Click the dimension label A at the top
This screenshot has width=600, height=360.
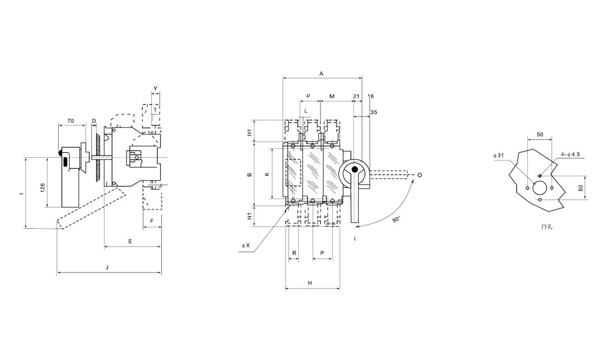(322, 73)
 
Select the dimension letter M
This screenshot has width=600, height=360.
(332, 96)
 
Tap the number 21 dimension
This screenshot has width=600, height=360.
(356, 96)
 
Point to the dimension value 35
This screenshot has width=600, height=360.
(374, 112)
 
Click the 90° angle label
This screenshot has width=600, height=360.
(396, 220)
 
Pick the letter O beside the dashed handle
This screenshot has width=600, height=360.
(419, 175)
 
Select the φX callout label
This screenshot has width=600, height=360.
(245, 245)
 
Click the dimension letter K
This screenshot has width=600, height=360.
(267, 173)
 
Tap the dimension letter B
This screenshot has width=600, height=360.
(250, 176)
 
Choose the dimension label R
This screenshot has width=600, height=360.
(294, 253)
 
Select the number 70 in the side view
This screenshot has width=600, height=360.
(71, 121)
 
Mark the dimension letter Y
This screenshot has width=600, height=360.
(155, 89)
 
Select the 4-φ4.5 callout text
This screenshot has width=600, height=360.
(570, 154)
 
